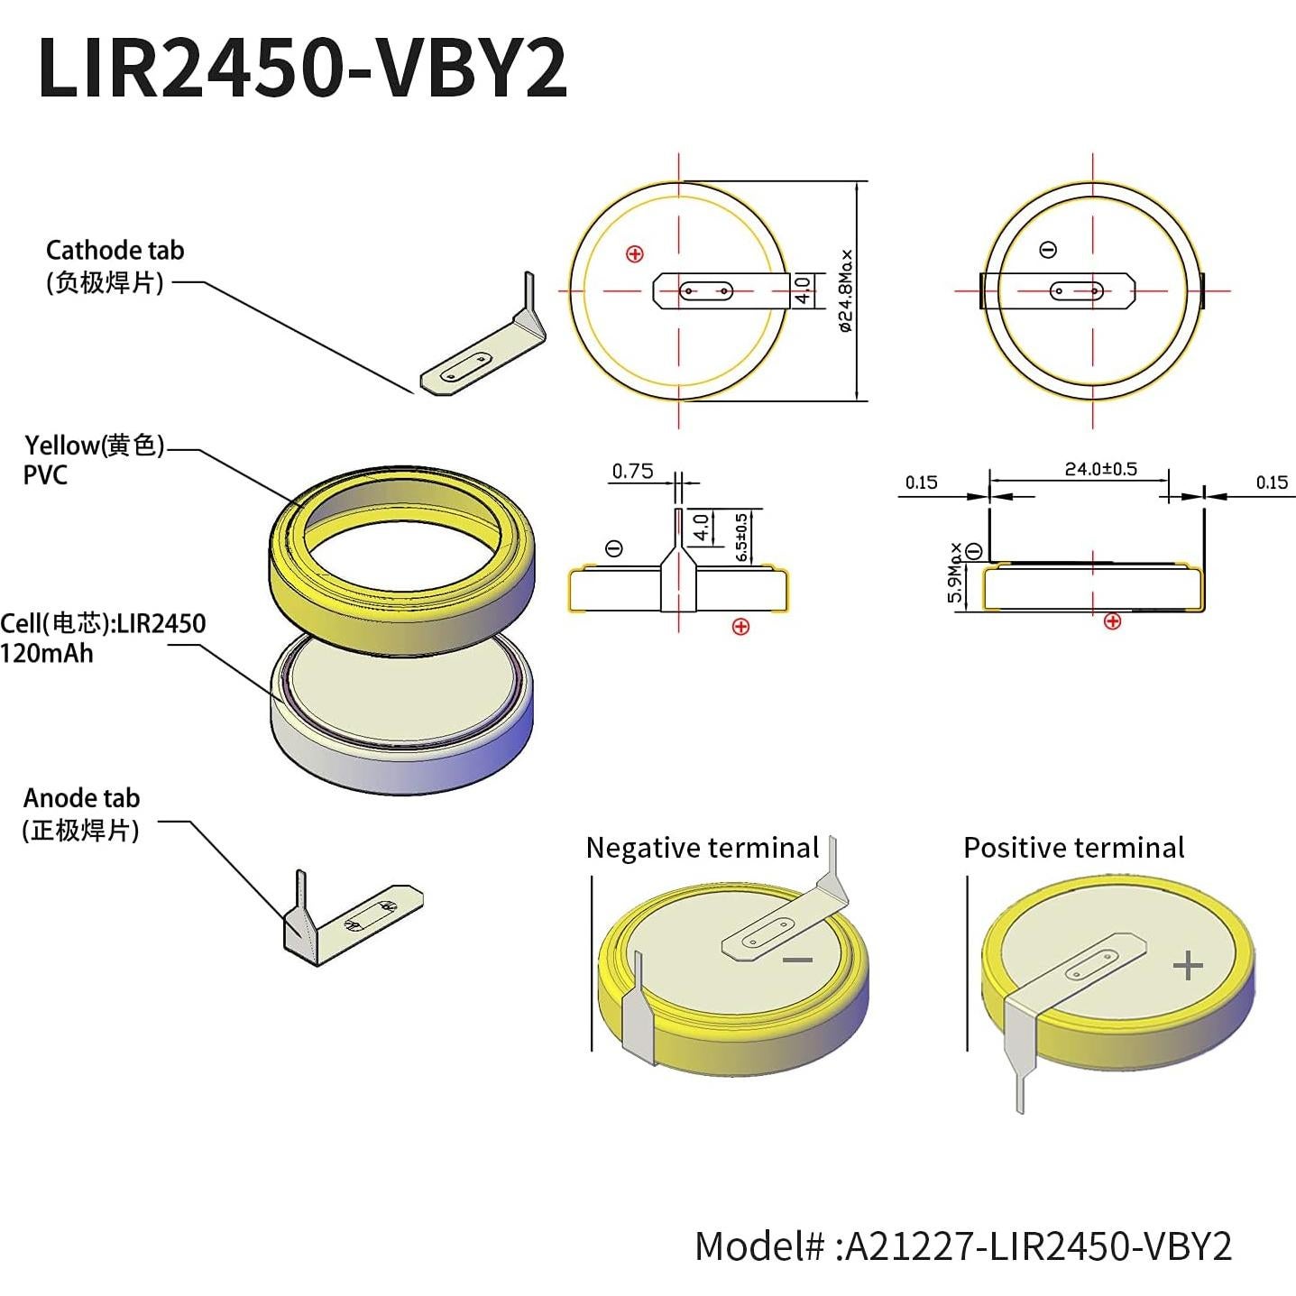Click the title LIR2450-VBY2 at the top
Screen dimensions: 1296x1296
click(302, 69)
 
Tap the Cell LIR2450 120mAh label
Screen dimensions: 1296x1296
click(103, 638)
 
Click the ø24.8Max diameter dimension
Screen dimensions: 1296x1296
click(845, 290)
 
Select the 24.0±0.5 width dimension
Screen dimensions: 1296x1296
click(1100, 469)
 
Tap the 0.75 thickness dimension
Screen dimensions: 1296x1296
click(632, 471)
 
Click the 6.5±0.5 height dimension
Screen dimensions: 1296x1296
click(741, 538)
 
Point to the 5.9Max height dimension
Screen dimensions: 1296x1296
click(954, 574)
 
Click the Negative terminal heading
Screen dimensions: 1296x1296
click(702, 848)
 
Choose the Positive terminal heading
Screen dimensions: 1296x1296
click(1073, 848)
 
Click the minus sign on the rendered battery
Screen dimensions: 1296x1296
click(797, 961)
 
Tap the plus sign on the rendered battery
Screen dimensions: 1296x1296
click(1188, 966)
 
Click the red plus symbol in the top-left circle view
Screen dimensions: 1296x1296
click(635, 254)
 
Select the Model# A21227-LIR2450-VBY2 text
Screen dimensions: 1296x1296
click(962, 1246)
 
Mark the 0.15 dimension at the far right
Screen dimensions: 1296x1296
click(1272, 483)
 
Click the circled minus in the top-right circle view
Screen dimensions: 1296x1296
click(1048, 250)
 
